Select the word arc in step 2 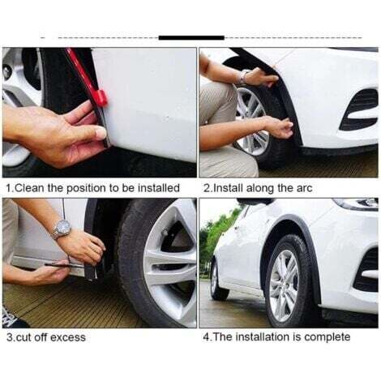tap(305, 188)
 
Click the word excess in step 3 tap(68, 337)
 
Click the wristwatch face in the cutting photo tap(63, 227)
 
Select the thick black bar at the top tap(191, 38)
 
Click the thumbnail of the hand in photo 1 tap(101, 133)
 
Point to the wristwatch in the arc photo tap(242, 77)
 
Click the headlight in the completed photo tap(356, 203)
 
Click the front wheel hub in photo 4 tap(284, 286)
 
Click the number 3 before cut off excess tap(10, 337)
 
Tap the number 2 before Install tap(207, 188)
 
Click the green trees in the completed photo tap(214, 238)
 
